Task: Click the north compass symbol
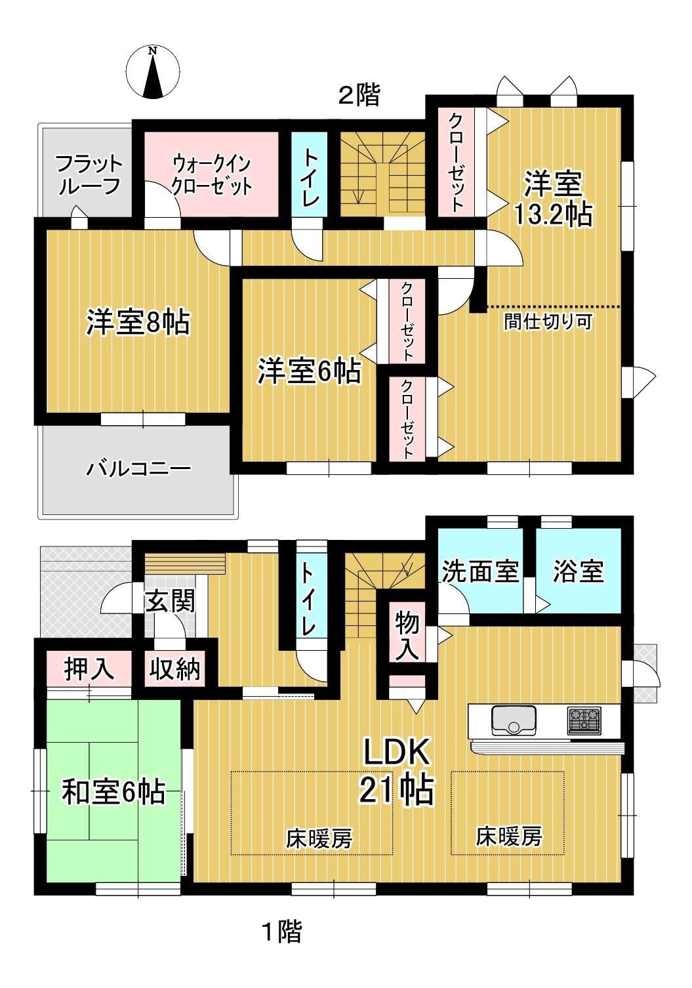(x=153, y=72)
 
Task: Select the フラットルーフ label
(x=89, y=175)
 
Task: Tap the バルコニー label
(x=138, y=469)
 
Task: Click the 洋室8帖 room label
(x=138, y=323)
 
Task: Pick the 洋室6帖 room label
(x=310, y=371)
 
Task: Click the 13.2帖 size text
(x=553, y=215)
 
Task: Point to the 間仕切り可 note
(x=548, y=322)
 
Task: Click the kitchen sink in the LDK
(x=514, y=720)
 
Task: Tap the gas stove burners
(x=584, y=720)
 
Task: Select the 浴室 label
(x=579, y=572)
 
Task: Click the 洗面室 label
(x=480, y=572)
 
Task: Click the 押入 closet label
(x=89, y=670)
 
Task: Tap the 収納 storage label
(x=174, y=670)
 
